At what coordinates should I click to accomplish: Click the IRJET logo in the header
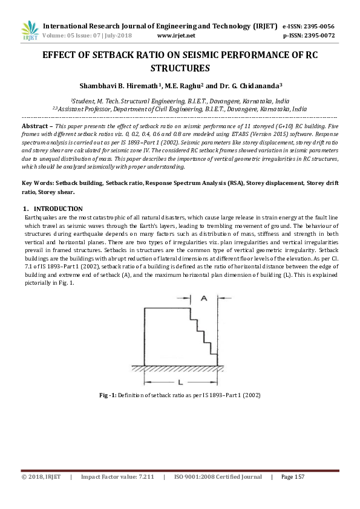click(x=30, y=31)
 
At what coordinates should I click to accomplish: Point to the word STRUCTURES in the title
click(x=180, y=68)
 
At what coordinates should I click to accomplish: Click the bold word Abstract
click(x=34, y=126)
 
